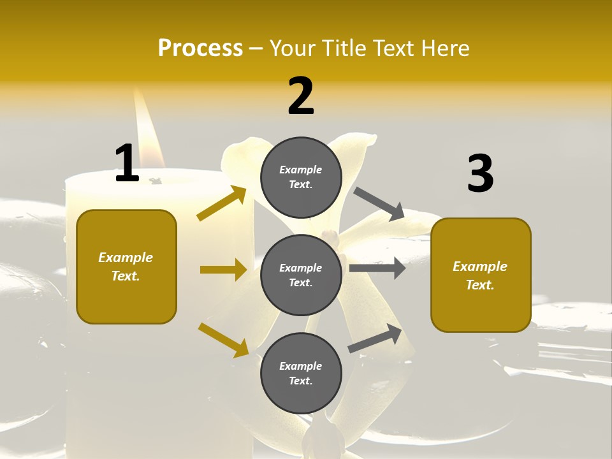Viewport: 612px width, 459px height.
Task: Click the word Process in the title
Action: tap(200, 48)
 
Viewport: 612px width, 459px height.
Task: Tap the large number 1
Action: tap(127, 163)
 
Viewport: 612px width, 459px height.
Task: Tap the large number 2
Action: tap(301, 96)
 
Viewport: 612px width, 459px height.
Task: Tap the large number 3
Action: tap(480, 173)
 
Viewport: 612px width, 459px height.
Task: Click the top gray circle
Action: tap(301, 177)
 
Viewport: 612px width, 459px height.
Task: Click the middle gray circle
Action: tap(301, 275)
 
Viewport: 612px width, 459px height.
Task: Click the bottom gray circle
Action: tap(301, 373)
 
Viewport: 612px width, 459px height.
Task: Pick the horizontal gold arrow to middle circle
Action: tap(223, 270)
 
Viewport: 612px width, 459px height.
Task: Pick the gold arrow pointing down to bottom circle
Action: tap(224, 339)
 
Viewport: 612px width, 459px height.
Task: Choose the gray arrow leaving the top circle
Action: tap(379, 203)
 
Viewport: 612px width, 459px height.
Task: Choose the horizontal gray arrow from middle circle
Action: tap(377, 268)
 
